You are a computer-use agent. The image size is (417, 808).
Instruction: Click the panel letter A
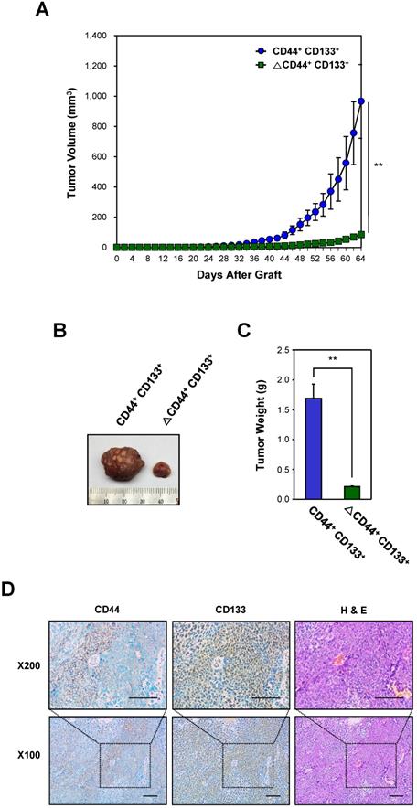click(x=41, y=12)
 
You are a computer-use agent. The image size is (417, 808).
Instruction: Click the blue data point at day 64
click(x=361, y=101)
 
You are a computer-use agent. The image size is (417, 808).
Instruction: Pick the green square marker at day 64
click(x=361, y=235)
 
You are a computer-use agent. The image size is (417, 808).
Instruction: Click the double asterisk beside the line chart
click(x=379, y=165)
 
